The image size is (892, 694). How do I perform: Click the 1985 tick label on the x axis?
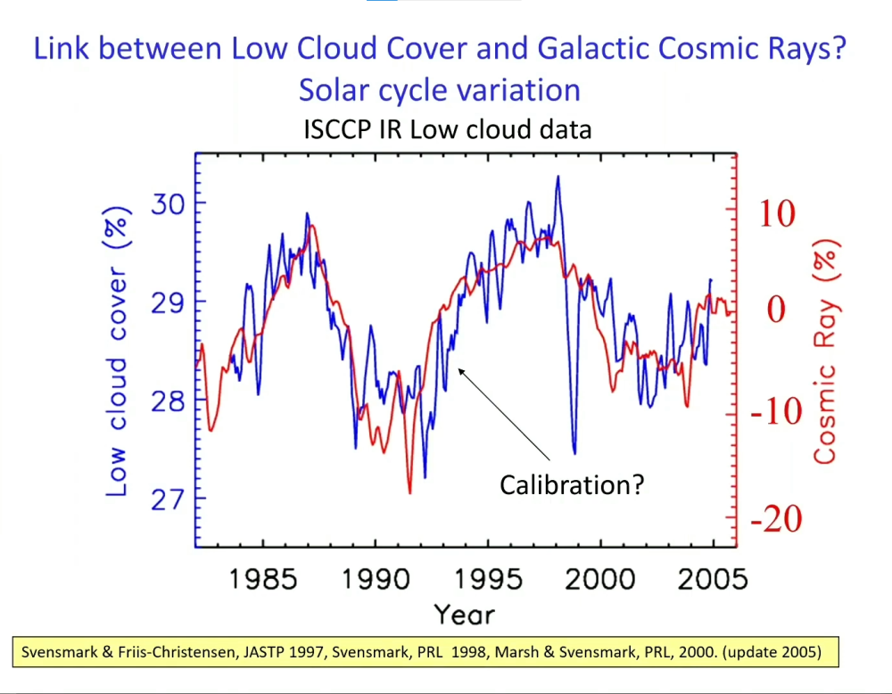(263, 580)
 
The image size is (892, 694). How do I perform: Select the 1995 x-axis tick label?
(488, 580)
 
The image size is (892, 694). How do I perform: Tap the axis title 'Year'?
(464, 615)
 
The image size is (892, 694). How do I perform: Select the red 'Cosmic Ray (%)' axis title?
(825, 352)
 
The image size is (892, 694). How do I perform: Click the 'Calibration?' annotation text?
(571, 485)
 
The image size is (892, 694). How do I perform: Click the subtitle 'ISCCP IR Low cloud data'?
(447, 130)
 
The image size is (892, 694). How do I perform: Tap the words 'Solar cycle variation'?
(440, 90)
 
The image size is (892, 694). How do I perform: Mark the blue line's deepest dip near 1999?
(574, 453)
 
